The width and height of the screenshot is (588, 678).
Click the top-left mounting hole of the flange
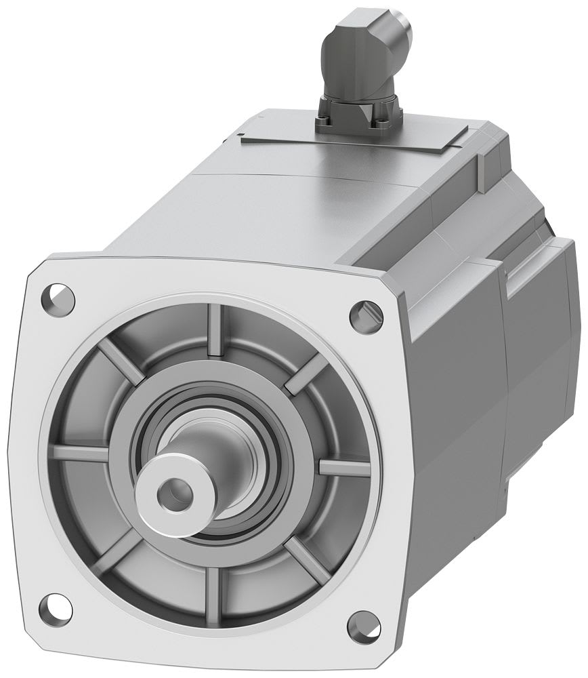point(58,297)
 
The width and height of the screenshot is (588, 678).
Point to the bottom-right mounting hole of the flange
point(363,624)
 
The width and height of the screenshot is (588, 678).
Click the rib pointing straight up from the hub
point(215,330)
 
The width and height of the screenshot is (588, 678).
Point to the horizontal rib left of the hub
point(81,452)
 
